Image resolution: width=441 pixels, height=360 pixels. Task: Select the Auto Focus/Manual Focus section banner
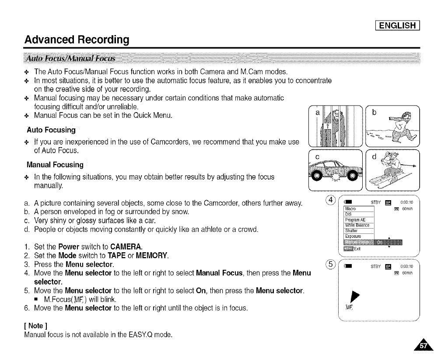tap(70, 59)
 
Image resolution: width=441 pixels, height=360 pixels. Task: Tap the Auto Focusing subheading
tap(51, 130)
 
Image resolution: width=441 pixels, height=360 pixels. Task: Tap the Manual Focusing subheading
tap(55, 165)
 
